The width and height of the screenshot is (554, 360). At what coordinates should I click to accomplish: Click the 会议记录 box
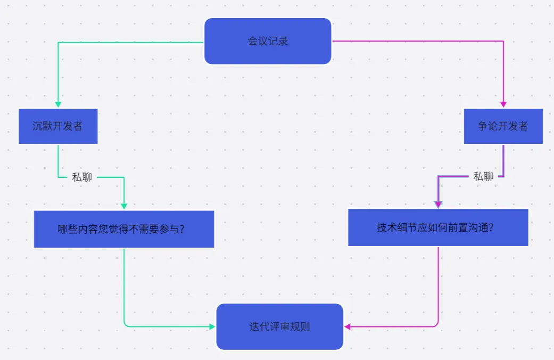tap(268, 41)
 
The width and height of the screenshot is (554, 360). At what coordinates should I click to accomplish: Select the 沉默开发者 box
tap(58, 126)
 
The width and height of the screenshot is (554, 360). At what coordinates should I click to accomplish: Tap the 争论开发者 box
tap(503, 126)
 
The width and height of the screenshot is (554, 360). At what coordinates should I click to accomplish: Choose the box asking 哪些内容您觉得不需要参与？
tap(124, 230)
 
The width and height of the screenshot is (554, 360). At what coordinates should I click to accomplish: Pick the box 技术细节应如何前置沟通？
tap(438, 227)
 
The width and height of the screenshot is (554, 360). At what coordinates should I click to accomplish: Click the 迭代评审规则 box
tap(279, 326)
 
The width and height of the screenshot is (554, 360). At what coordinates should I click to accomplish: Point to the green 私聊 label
tap(82, 177)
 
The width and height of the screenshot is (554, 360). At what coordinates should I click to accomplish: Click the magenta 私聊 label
tap(483, 176)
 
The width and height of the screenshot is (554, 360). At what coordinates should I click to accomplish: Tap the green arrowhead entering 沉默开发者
tap(58, 104)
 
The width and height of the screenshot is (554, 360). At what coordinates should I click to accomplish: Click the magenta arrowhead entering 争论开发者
tap(503, 104)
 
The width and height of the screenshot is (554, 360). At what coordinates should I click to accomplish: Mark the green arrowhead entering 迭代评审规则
tap(212, 326)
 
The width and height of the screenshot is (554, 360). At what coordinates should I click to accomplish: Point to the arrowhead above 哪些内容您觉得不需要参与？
tap(124, 206)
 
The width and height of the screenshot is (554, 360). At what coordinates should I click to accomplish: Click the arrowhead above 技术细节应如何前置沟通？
tap(438, 204)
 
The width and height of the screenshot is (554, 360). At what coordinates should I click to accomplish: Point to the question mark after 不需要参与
tap(181, 230)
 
